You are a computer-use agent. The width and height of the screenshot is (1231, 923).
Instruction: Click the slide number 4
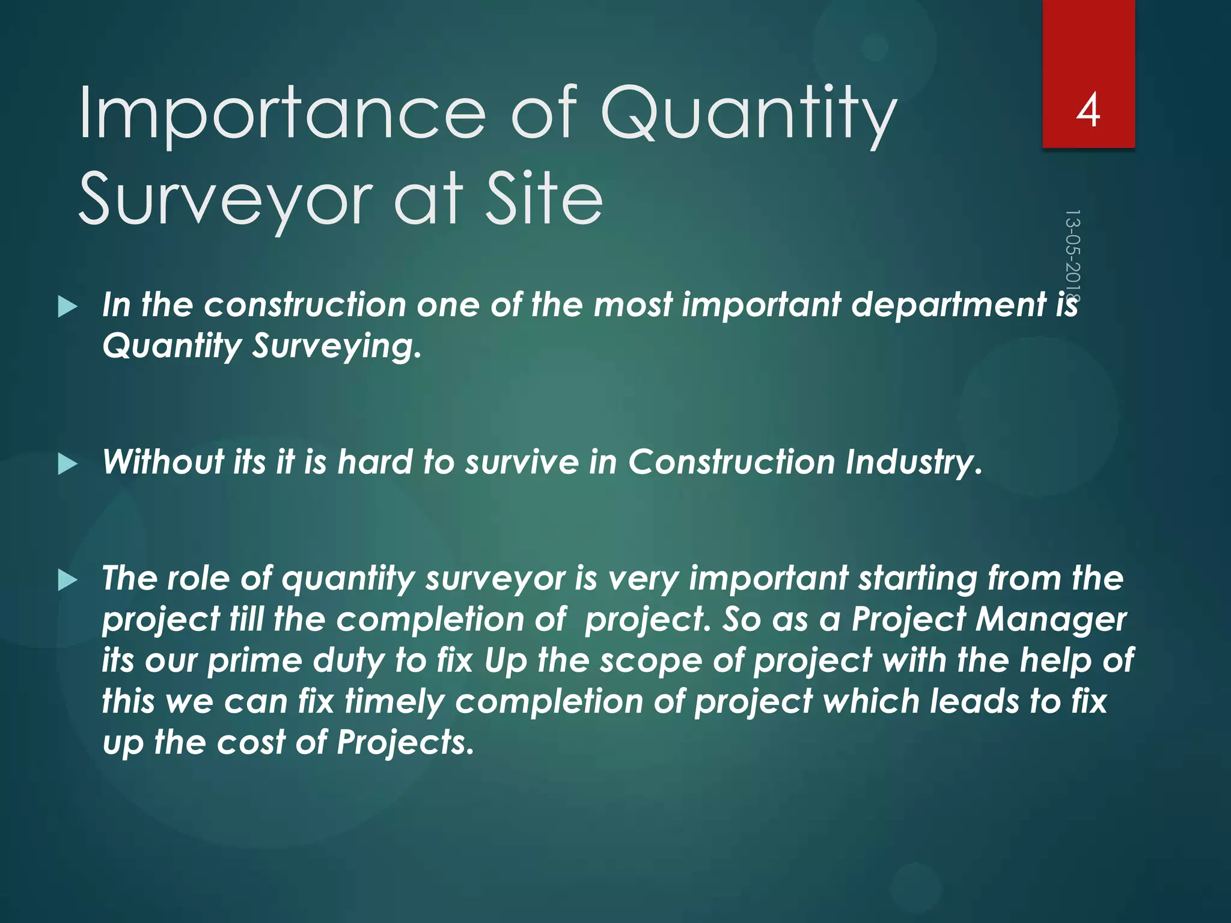(x=1088, y=111)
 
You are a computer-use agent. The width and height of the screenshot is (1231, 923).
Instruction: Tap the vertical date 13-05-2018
(x=1072, y=255)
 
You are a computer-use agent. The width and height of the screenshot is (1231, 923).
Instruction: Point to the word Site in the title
(x=543, y=198)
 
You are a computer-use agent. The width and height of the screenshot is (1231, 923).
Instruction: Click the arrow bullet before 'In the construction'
(x=67, y=307)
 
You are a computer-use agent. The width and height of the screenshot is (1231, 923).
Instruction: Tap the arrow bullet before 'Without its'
(x=67, y=465)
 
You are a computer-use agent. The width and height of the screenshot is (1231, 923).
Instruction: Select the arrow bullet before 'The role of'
(x=67, y=580)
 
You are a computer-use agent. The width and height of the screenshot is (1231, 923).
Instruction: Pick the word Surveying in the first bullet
(x=337, y=347)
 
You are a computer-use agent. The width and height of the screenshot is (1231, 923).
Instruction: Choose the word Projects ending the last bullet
(x=405, y=743)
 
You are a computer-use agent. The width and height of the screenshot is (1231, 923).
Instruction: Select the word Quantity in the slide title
(x=748, y=114)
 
